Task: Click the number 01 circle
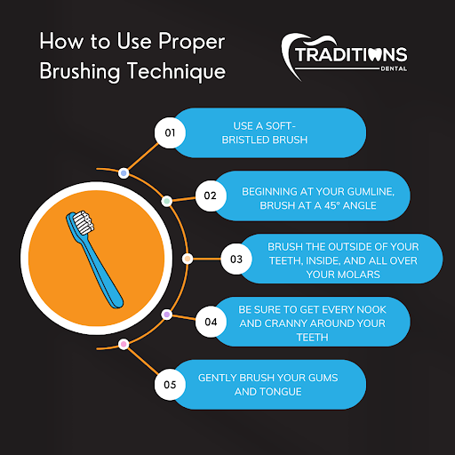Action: [x=170, y=132]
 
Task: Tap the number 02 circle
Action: [x=211, y=196]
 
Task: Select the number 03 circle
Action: [x=236, y=259]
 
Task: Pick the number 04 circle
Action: [x=211, y=322]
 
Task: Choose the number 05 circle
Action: [x=170, y=385]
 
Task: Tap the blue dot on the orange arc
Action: [x=124, y=173]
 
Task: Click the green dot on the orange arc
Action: [x=167, y=201]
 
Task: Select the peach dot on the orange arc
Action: [x=188, y=259]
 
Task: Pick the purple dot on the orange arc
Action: [x=167, y=315]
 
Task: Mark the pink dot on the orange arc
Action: [x=124, y=344]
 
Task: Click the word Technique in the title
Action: [x=177, y=72]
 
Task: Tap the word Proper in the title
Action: [x=192, y=42]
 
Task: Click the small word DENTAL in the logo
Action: [x=394, y=68]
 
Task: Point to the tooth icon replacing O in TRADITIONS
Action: [x=375, y=54]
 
